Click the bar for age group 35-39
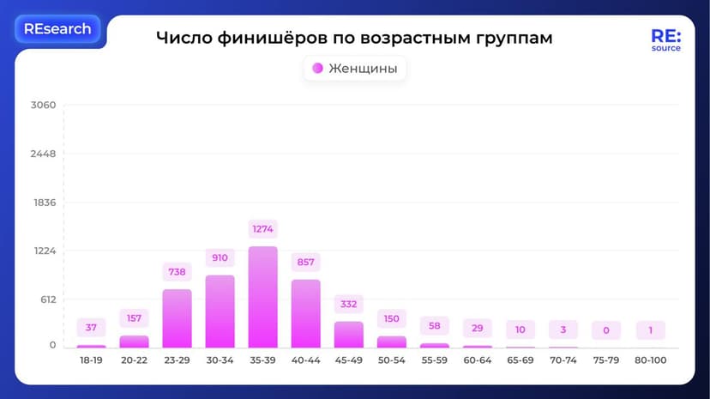tap(263, 297)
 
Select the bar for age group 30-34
tap(220, 311)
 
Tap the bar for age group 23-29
tap(177, 318)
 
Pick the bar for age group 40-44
tap(306, 313)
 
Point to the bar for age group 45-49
tap(349, 334)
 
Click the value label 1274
tap(263, 229)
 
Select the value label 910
tap(220, 257)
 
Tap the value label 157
tap(134, 318)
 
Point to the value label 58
tap(435, 326)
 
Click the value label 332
tap(349, 304)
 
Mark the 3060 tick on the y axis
tap(43, 106)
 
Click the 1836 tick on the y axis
tap(43, 203)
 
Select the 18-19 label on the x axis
tap(91, 360)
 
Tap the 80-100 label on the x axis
tap(651, 360)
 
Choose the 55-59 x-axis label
tap(435, 360)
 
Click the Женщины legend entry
tap(355, 69)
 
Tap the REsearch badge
tap(57, 29)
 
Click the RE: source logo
tap(665, 40)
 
